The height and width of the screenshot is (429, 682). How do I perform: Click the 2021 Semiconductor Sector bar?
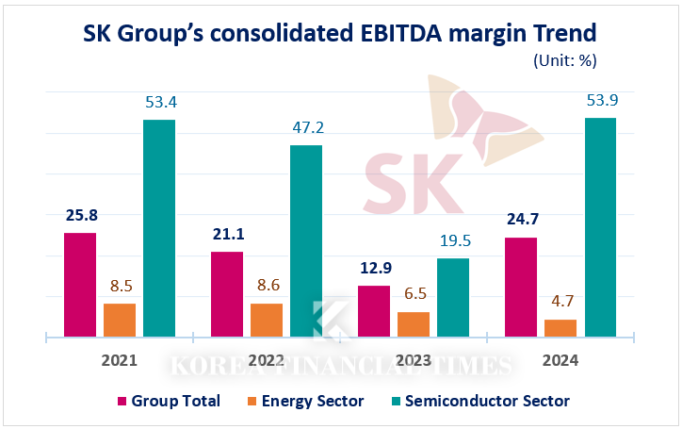(159, 227)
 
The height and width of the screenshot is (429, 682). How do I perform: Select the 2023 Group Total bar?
(374, 310)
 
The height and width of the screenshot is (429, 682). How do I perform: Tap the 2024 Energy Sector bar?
(560, 327)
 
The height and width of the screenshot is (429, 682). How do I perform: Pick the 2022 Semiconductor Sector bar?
(306, 240)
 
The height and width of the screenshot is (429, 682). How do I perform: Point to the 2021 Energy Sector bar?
(120, 320)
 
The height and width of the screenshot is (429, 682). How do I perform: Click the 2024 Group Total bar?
(521, 287)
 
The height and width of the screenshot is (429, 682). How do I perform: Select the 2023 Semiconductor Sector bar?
(453, 297)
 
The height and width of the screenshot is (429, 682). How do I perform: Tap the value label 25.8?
(81, 215)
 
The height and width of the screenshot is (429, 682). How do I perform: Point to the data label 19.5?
(454, 240)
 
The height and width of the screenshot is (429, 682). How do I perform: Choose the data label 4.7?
(561, 302)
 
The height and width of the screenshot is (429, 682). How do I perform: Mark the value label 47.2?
(306, 126)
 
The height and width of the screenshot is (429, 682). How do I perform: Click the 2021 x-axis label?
(120, 361)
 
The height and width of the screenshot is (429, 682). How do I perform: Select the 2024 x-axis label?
(560, 361)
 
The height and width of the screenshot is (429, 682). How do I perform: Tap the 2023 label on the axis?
(414, 361)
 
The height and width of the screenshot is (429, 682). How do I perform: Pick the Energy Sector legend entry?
(304, 401)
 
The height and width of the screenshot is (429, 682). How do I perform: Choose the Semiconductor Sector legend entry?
(479, 401)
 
